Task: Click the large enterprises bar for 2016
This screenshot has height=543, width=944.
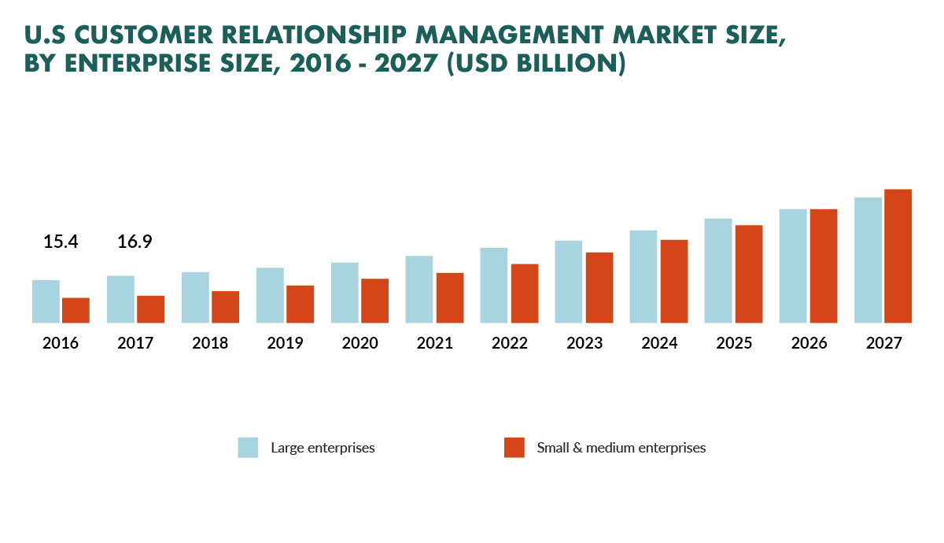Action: pyautogui.click(x=46, y=301)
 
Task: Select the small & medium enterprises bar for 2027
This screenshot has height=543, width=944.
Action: pyautogui.click(x=898, y=256)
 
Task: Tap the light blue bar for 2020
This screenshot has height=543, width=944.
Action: pyautogui.click(x=345, y=293)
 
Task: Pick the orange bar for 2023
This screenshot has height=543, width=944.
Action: pyautogui.click(x=599, y=287)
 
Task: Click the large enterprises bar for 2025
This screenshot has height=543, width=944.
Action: pyautogui.click(x=718, y=271)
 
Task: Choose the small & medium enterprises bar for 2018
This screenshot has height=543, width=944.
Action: pyautogui.click(x=225, y=307)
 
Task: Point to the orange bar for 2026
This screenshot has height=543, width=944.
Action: pyautogui.click(x=824, y=266)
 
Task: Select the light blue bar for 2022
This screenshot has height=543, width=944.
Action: pyautogui.click(x=494, y=286)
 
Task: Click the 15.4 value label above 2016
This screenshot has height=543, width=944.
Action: pyautogui.click(x=61, y=242)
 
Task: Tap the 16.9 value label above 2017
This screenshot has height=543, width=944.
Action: pyautogui.click(x=135, y=242)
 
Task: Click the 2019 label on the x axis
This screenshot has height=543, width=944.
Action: pyautogui.click(x=285, y=344)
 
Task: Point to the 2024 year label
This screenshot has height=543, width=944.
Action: pyautogui.click(x=658, y=344)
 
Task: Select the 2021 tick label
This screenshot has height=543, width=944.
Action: pyautogui.click(x=434, y=344)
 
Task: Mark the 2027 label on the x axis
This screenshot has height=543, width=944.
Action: pyautogui.click(x=883, y=344)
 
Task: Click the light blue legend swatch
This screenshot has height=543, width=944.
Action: pyautogui.click(x=248, y=448)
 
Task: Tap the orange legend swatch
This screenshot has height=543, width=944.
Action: pyautogui.click(x=514, y=448)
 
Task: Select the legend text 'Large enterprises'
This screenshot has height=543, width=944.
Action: pyautogui.click(x=323, y=448)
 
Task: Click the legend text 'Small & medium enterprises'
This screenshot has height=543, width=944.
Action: pyautogui.click(x=621, y=448)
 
